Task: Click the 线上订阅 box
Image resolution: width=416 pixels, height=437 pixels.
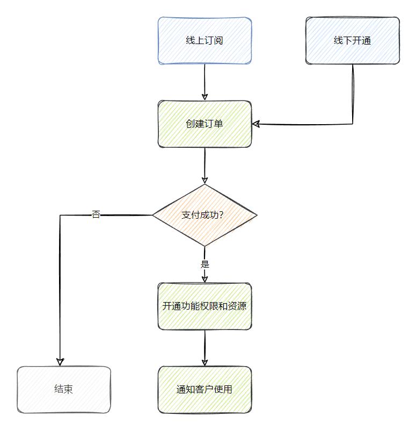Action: [205, 40]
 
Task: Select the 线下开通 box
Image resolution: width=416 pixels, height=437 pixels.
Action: [353, 40]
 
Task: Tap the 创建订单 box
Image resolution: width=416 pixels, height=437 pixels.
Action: [205, 124]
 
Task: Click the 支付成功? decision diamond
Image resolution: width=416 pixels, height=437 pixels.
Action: [205, 215]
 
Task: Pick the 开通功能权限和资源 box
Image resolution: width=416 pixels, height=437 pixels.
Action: [205, 306]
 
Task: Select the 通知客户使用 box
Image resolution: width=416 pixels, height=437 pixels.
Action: [205, 389]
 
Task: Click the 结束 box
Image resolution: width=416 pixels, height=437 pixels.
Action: [63, 389]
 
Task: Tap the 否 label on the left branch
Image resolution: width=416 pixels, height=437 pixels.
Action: [96, 215]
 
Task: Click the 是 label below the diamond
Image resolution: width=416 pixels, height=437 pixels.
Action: [205, 264]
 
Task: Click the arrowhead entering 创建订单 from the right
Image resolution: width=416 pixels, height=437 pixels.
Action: [256, 124]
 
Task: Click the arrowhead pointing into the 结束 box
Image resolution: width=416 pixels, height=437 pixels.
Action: [60, 362]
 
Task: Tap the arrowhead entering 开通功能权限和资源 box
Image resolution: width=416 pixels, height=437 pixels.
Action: [205, 278]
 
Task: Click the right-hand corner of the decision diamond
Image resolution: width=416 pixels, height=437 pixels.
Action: [256, 215]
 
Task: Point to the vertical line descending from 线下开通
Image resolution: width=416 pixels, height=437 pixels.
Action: [353, 94]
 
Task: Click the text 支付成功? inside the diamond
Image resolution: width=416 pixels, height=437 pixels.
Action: [202, 215]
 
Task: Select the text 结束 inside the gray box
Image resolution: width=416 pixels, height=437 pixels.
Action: [63, 389]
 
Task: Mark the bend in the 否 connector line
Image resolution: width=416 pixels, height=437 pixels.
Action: [60, 215]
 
